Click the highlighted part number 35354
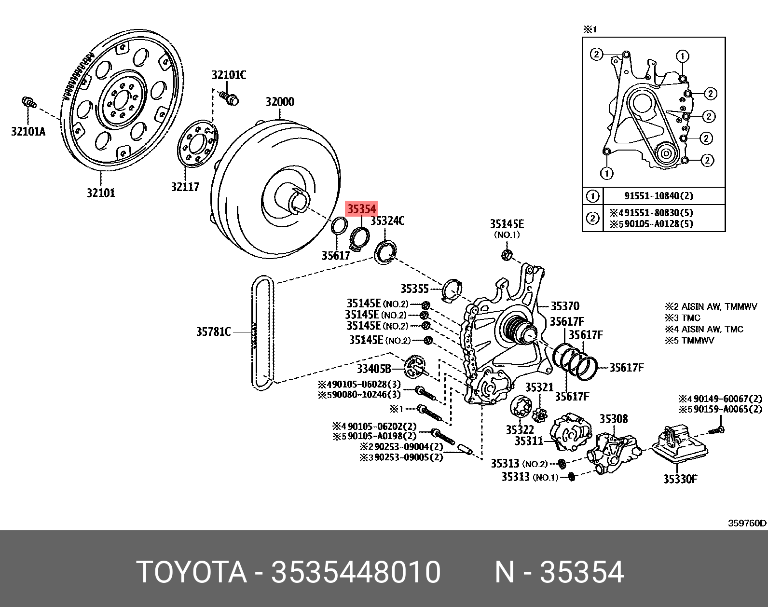pos(361,208)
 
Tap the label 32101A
pos(28,131)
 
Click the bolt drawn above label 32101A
pos(29,102)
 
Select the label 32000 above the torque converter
pos(280,102)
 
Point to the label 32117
pos(185,187)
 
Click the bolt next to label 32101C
pos(230,98)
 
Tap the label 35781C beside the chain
pos(213,331)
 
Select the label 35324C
pos(387,221)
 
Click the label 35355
pos(414,289)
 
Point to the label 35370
pos(565,306)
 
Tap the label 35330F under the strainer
pos(680,479)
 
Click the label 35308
pos(614,418)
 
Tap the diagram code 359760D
pos(747,523)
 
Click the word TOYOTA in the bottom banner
pos(192,572)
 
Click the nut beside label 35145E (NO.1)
pos(507,255)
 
